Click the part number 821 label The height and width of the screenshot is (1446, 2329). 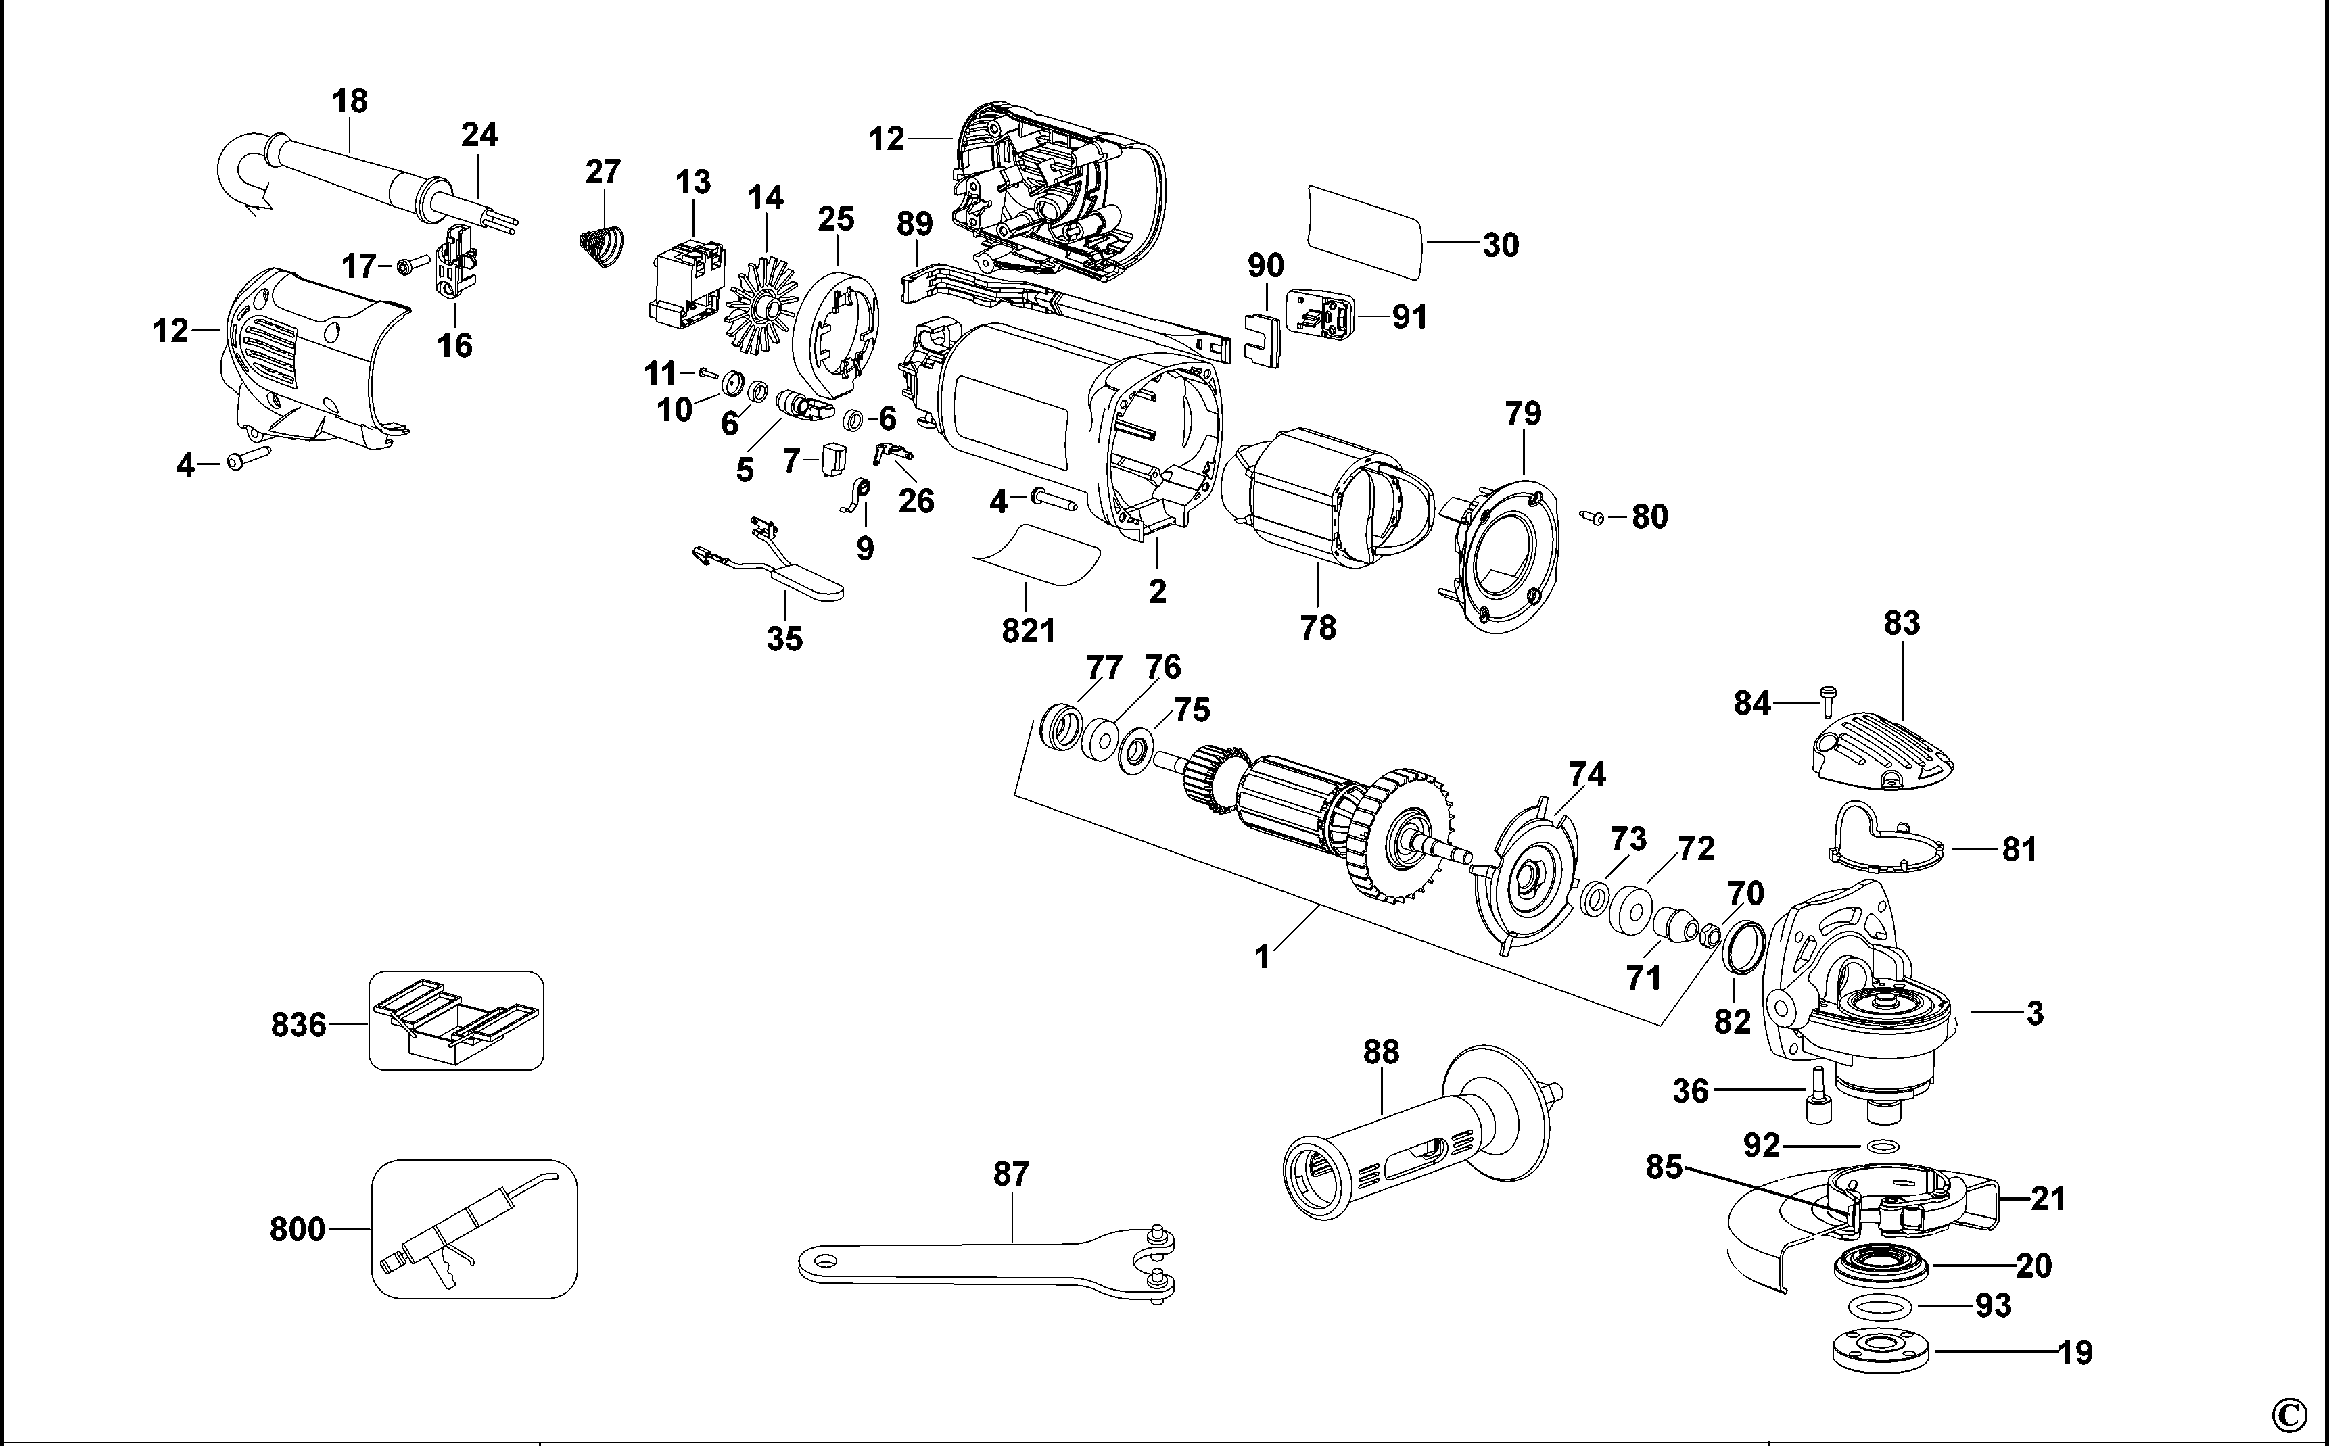[x=1028, y=631]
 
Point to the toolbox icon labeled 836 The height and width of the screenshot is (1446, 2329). [x=456, y=1020]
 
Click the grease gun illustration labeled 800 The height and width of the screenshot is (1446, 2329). [x=473, y=1229]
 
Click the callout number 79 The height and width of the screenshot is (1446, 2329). [x=1523, y=414]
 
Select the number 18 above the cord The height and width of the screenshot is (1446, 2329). [x=350, y=101]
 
